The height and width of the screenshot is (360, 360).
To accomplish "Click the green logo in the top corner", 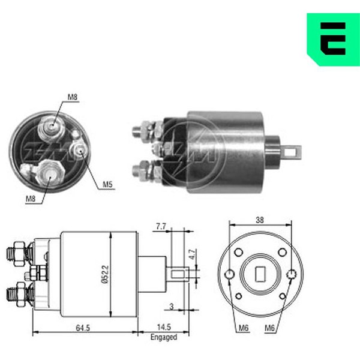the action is (x=333, y=39).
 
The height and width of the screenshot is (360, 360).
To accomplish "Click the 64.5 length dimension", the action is (x=83, y=328).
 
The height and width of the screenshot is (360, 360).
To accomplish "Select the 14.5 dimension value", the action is (x=164, y=327).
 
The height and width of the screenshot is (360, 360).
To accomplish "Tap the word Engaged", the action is (x=164, y=337).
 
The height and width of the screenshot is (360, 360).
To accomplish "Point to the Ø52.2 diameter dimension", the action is (x=104, y=274).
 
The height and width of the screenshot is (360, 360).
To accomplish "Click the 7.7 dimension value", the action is (x=161, y=226).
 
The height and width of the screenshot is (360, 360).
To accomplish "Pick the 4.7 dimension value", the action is (x=193, y=254).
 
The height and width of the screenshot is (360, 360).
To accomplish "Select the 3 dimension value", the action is (x=172, y=307).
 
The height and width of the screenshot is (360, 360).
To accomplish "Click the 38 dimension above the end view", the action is (x=260, y=220).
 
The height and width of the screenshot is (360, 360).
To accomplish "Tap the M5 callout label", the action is (x=107, y=184).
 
